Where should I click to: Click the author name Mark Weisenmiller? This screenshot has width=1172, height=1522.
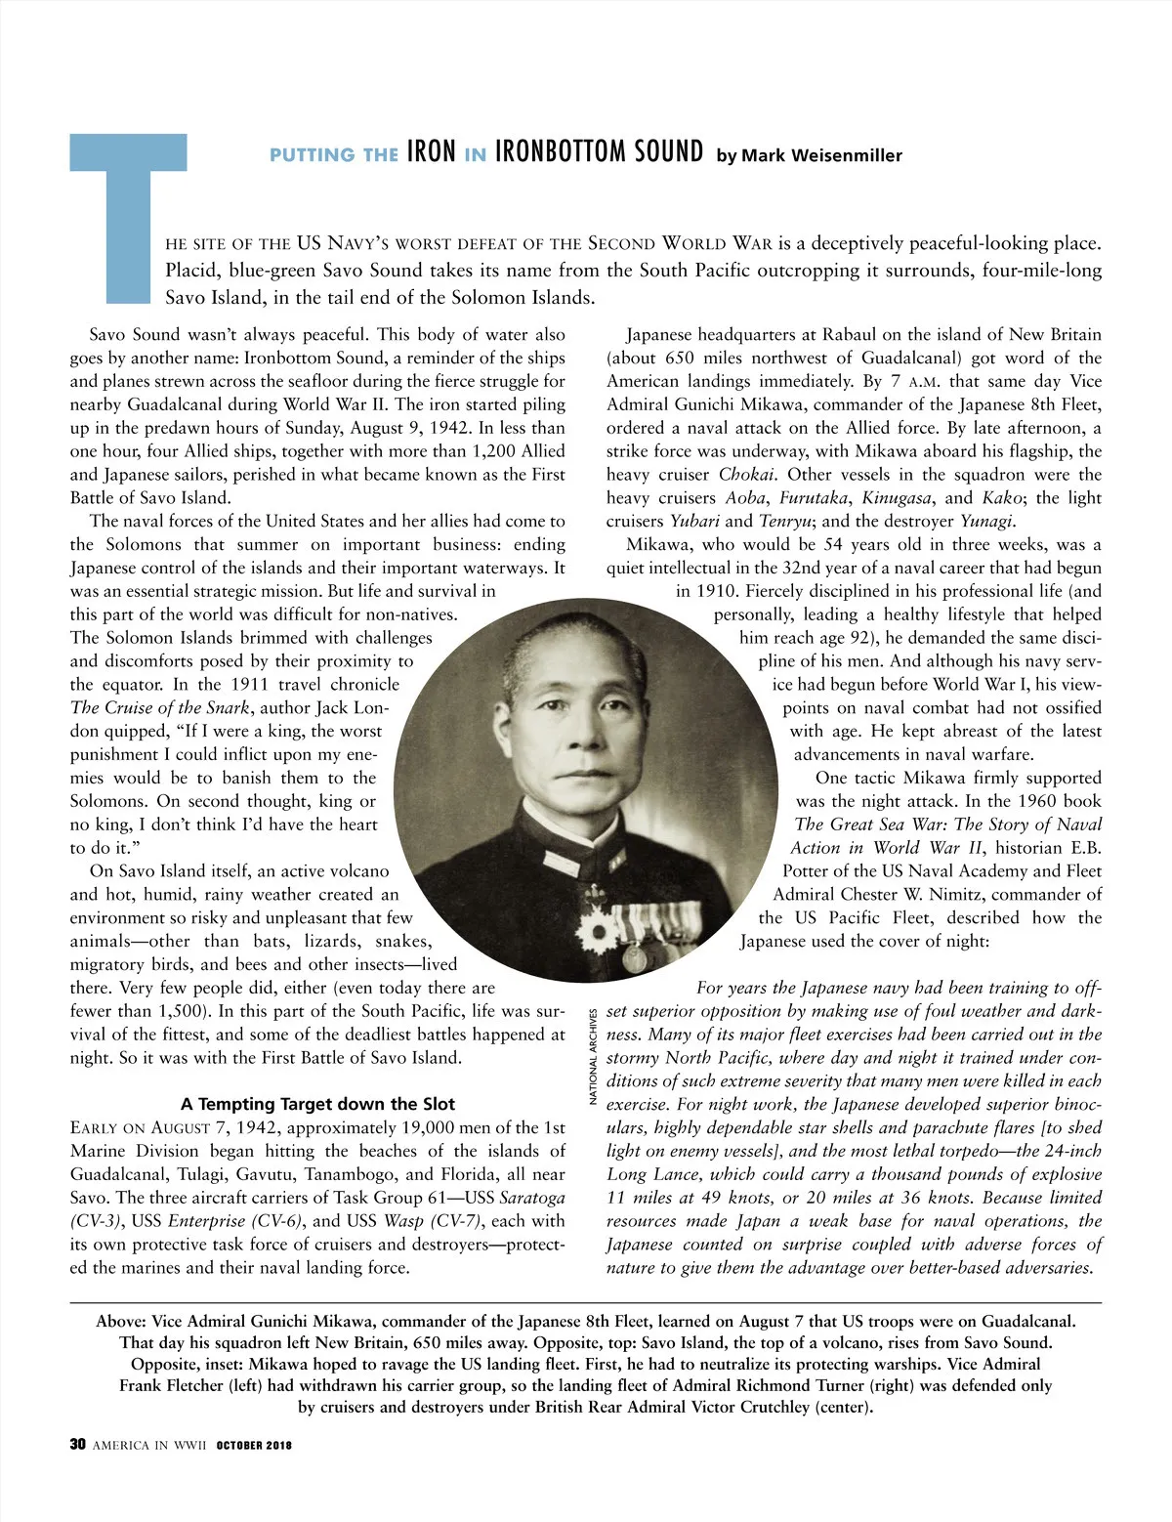tap(809, 155)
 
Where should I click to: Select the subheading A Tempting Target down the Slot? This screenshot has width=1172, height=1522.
tap(317, 1104)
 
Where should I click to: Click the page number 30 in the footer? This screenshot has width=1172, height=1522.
tap(78, 1445)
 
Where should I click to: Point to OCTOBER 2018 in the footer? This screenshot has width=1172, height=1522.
tap(254, 1446)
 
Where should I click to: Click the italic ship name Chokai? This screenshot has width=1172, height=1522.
tap(747, 475)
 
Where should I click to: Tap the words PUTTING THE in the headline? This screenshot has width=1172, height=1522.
tap(333, 155)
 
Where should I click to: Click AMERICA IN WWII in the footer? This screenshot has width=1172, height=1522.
tap(149, 1446)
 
